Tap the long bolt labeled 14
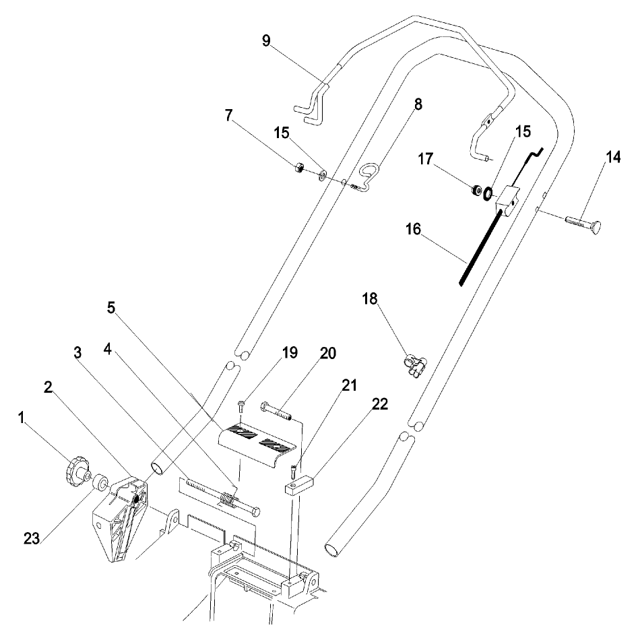click(583, 222)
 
